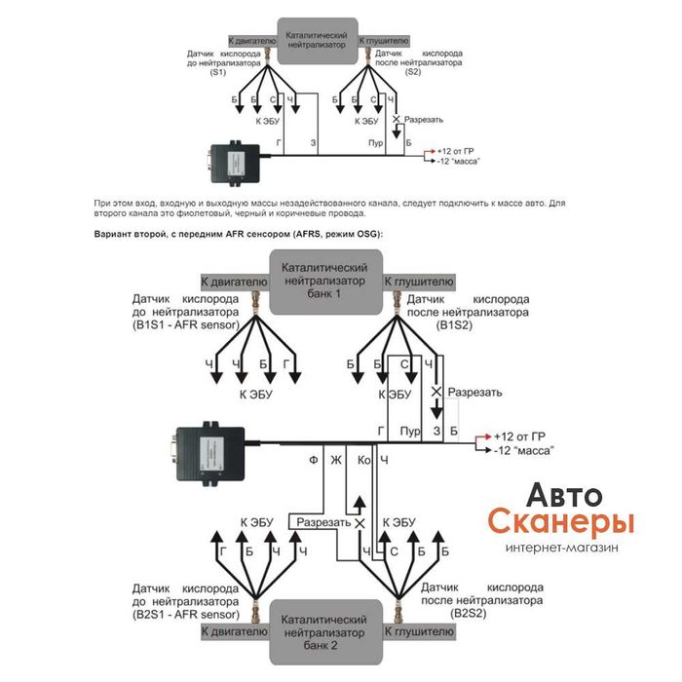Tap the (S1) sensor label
(x=218, y=73)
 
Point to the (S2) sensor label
(x=413, y=73)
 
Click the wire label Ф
(x=313, y=458)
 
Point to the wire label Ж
(x=337, y=458)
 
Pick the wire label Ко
(x=363, y=458)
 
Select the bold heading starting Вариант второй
(x=239, y=234)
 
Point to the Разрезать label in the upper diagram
(x=424, y=120)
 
